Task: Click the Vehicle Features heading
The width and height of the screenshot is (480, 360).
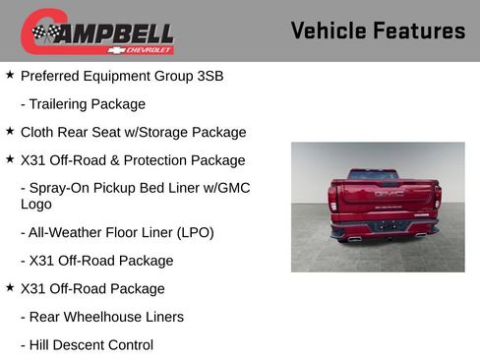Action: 378,30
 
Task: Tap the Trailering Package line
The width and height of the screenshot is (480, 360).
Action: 83,103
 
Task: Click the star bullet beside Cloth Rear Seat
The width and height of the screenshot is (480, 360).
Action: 10,131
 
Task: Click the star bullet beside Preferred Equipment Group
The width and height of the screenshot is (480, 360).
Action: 10,74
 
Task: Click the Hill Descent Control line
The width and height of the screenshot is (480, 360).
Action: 87,345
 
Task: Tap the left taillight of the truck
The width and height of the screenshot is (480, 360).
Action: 333,198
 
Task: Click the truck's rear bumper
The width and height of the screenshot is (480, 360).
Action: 385,230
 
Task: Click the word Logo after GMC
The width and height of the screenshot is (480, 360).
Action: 35,205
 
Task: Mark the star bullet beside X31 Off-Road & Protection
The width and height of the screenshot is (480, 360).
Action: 10,159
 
